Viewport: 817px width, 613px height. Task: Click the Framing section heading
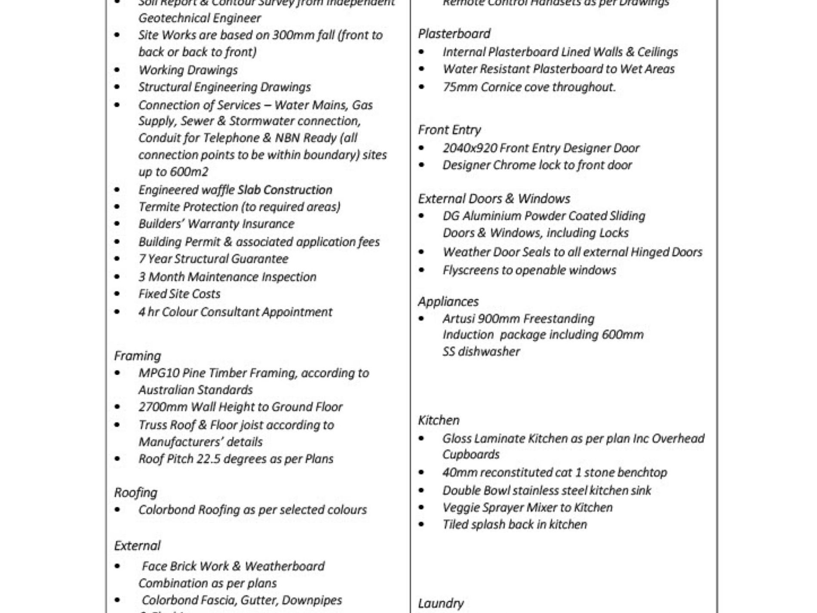pyautogui.click(x=138, y=356)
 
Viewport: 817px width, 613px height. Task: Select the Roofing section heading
pyautogui.click(x=136, y=493)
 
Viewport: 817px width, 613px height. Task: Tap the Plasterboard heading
pyautogui.click(x=454, y=34)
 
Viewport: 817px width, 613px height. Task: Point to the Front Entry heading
pyautogui.click(x=449, y=130)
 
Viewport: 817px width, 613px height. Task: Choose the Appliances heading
pyautogui.click(x=448, y=302)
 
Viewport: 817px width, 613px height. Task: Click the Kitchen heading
pyautogui.click(x=439, y=420)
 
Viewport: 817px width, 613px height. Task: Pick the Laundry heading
pyautogui.click(x=441, y=604)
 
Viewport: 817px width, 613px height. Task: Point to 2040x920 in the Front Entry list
pyautogui.click(x=469, y=148)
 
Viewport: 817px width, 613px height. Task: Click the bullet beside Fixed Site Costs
pyautogui.click(x=117, y=294)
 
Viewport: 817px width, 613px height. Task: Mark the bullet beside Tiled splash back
pyautogui.click(x=421, y=525)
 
